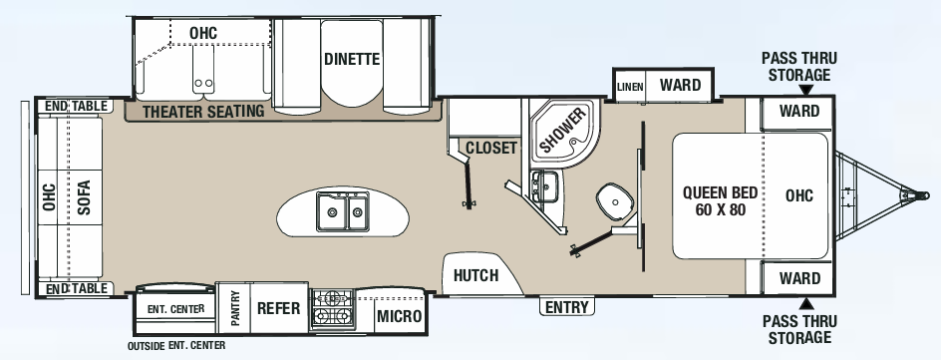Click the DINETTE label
tap(352, 59)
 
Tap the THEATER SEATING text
tap(203, 111)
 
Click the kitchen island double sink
tap(343, 211)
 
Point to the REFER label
tap(279, 308)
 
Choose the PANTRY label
tap(235, 308)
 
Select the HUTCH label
tap(475, 275)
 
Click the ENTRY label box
tap(565, 307)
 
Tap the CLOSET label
tap(491, 149)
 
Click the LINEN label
tap(630, 87)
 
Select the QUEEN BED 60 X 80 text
tap(720, 201)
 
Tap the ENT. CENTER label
tap(175, 309)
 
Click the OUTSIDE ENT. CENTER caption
tap(176, 346)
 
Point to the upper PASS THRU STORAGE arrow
tap(803, 90)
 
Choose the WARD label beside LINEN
tap(680, 85)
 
